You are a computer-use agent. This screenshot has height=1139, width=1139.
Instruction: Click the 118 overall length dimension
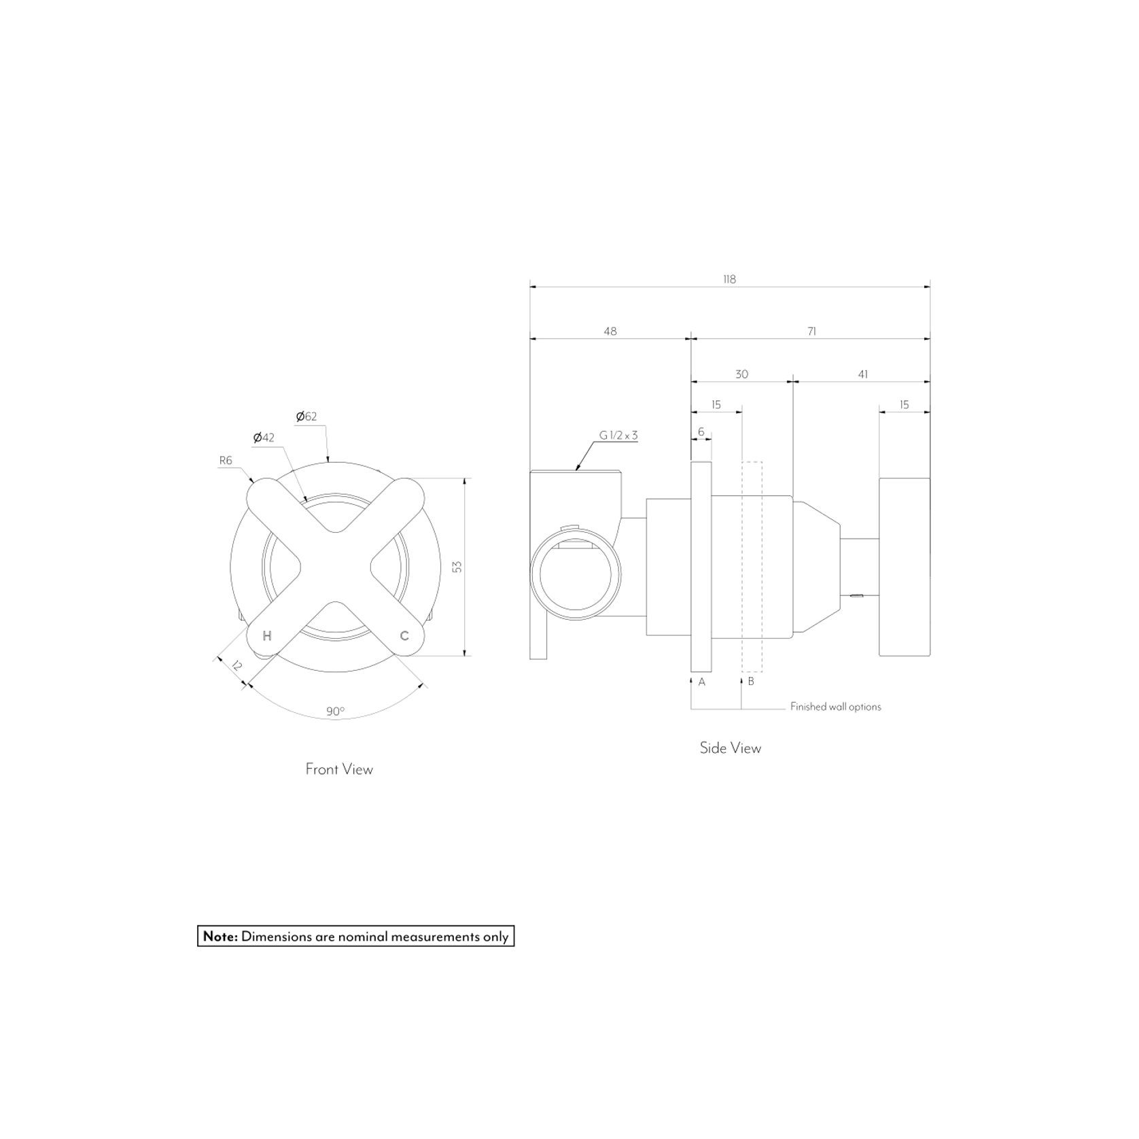click(x=729, y=279)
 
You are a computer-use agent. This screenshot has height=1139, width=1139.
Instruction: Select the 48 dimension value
click(x=610, y=332)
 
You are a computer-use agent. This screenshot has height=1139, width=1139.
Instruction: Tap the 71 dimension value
click(x=811, y=332)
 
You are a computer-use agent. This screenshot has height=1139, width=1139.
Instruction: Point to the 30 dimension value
click(x=741, y=374)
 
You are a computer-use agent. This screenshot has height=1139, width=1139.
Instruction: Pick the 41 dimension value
click(x=862, y=374)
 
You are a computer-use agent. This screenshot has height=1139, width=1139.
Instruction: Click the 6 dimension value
click(x=701, y=432)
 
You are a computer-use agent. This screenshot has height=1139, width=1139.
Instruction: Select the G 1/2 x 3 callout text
click(x=618, y=436)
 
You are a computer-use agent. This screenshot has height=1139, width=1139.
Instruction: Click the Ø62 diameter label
click(x=306, y=417)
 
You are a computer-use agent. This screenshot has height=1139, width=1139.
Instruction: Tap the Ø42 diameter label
click(x=264, y=438)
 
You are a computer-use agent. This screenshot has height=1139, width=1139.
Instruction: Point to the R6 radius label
click(x=226, y=461)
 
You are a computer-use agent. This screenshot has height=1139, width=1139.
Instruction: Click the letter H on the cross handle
click(x=267, y=636)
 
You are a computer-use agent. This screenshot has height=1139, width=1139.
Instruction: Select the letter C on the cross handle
click(x=404, y=636)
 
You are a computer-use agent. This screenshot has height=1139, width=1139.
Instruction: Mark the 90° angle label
click(x=335, y=712)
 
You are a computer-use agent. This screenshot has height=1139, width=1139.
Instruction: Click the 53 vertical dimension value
click(x=457, y=566)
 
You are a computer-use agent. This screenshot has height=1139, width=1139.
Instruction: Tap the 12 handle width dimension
click(x=236, y=665)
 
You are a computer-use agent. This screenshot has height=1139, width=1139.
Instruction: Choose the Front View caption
click(x=339, y=769)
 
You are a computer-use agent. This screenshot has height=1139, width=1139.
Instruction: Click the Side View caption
click(x=731, y=748)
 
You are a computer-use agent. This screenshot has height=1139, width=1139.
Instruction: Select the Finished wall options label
click(x=835, y=707)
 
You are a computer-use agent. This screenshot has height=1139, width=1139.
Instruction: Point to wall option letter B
click(x=751, y=681)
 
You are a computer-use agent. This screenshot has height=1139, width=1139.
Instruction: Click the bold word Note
click(x=220, y=936)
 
